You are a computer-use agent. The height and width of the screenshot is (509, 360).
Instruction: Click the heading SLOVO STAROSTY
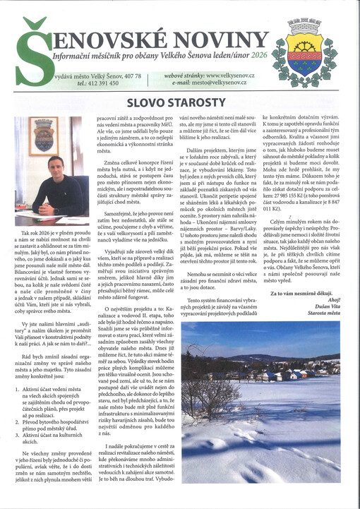(x=180, y=104)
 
